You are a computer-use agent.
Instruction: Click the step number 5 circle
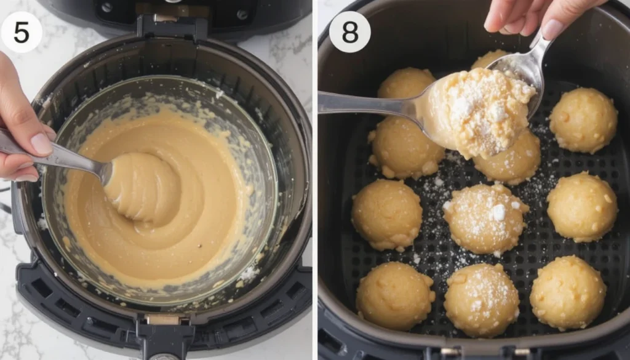pos(21,32)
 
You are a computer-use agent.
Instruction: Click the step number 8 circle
pos(349,32)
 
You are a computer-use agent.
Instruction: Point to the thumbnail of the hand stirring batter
pos(39,143)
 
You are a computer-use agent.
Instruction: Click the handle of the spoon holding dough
pos(363,103)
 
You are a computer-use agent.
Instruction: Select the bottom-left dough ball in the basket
pos(395,295)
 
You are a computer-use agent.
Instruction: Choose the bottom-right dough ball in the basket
pos(567,292)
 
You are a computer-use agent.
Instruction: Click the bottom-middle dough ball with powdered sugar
pos(481,300)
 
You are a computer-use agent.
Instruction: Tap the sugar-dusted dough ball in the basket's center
pos(485,218)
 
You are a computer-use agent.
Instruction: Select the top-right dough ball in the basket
pos(583,121)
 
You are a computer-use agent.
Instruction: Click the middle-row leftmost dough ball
pos(386,215)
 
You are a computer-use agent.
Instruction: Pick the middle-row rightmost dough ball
pos(581,206)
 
